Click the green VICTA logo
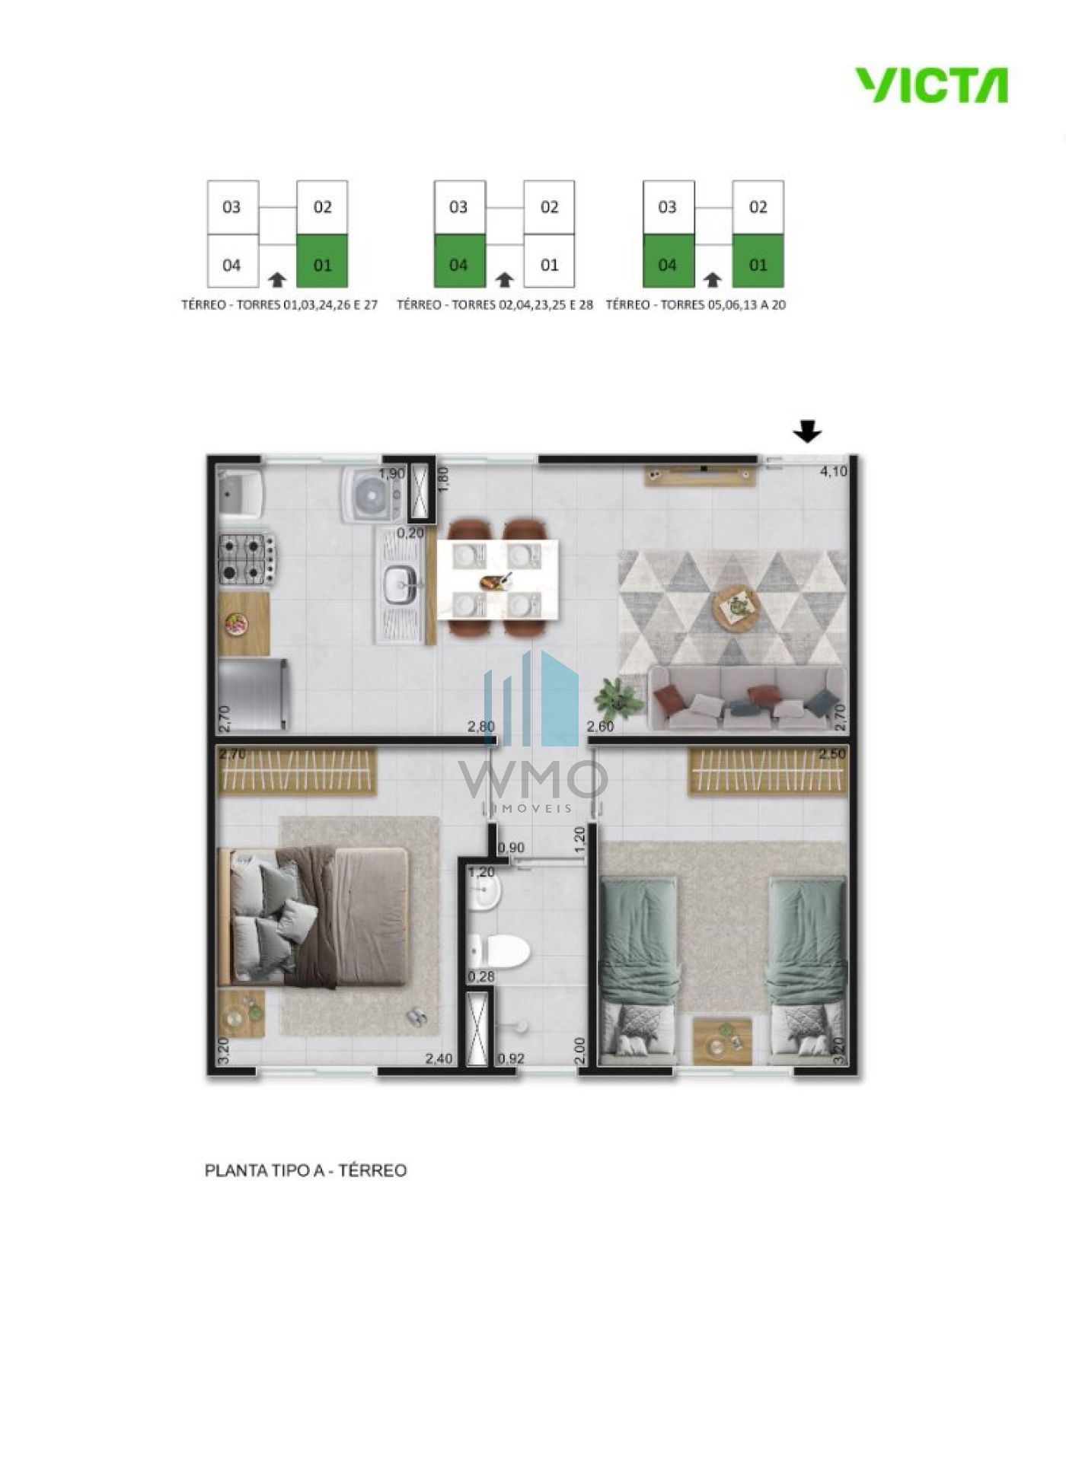click(931, 85)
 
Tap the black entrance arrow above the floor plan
click(808, 433)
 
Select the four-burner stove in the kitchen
click(248, 559)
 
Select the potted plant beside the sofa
click(618, 696)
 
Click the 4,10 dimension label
click(833, 472)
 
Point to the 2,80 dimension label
click(481, 727)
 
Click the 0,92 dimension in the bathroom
click(511, 1058)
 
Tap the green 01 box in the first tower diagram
click(322, 260)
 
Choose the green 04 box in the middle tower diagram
click(459, 260)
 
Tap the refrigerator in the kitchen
click(254, 694)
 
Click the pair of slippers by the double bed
click(417, 1016)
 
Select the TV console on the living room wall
click(695, 473)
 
